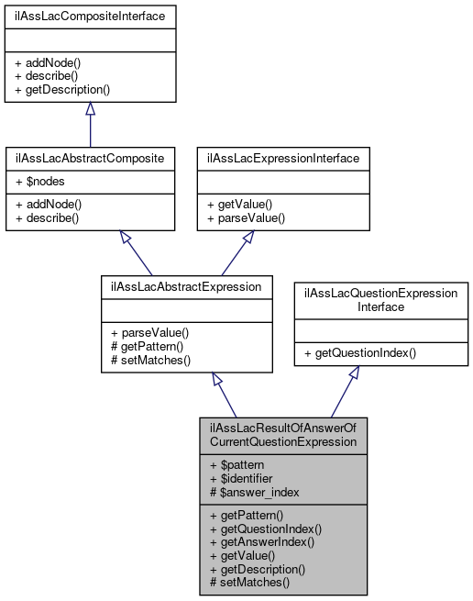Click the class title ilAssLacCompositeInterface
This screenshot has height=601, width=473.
90,17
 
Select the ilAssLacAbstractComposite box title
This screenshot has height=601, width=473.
90,158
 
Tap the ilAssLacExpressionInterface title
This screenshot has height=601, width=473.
283,158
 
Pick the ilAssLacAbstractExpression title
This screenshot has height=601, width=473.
186,285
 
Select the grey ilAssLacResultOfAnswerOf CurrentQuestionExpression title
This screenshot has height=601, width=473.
282,435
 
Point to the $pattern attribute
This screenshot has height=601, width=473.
238,465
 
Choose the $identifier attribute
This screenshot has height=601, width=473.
243,479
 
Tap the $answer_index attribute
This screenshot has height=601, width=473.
252,493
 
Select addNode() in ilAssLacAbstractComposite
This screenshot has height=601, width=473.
49,204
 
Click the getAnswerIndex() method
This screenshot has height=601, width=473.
262,541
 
